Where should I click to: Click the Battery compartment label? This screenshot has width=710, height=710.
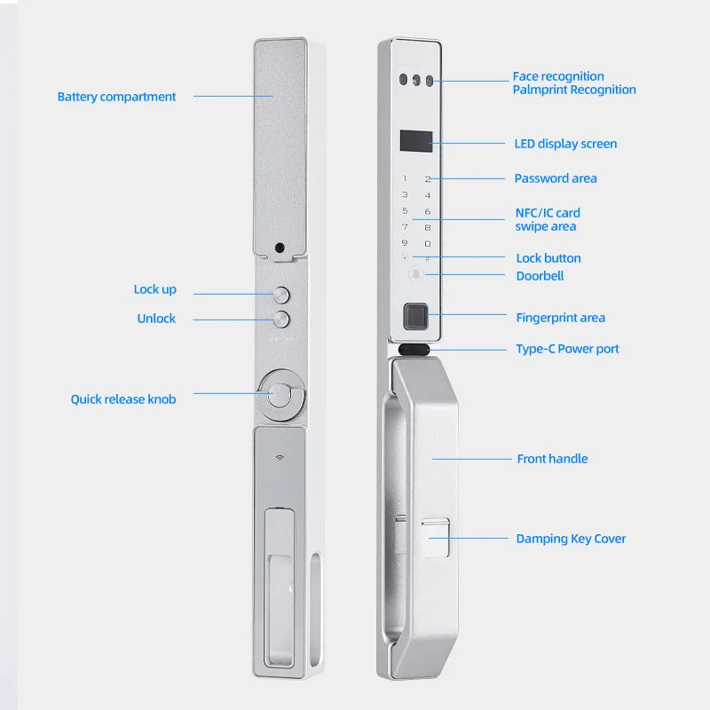tap(116, 97)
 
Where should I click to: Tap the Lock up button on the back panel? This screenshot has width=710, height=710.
tap(281, 295)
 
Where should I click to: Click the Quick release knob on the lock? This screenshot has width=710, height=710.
tap(280, 395)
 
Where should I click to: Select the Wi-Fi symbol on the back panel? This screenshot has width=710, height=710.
tap(280, 458)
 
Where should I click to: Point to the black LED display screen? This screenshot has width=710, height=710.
tap(416, 141)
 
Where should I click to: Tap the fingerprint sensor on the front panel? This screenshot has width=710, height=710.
tap(415, 316)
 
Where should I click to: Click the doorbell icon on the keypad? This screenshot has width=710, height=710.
tap(416, 274)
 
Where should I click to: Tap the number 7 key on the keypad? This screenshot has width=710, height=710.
tap(405, 226)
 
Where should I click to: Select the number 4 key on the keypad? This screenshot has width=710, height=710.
tap(428, 195)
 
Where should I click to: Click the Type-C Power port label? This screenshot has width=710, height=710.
tap(567, 349)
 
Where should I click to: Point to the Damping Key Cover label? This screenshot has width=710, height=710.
tap(571, 539)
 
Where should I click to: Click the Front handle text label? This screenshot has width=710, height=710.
tap(552, 459)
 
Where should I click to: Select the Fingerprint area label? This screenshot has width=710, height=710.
tap(561, 318)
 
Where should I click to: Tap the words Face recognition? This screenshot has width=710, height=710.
tap(558, 76)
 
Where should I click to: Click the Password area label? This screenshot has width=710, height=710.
tap(556, 178)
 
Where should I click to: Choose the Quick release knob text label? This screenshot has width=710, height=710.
tap(123, 399)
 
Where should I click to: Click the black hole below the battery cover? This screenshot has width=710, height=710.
tap(280, 248)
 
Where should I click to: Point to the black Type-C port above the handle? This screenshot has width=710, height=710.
tap(414, 350)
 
